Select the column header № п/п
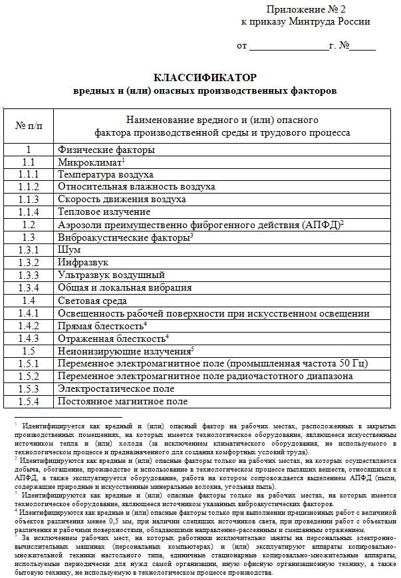click(x=29, y=126)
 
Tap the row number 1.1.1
click(x=29, y=174)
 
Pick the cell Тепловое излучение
click(x=104, y=212)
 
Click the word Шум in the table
click(x=69, y=249)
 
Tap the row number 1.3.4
click(x=29, y=287)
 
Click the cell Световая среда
click(x=92, y=300)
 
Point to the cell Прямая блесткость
click(x=100, y=325)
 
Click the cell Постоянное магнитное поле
click(x=122, y=401)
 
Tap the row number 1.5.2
click(x=29, y=376)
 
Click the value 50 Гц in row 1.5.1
click(x=349, y=363)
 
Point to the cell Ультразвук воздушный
click(x=111, y=275)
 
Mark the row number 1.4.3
click(x=29, y=338)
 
